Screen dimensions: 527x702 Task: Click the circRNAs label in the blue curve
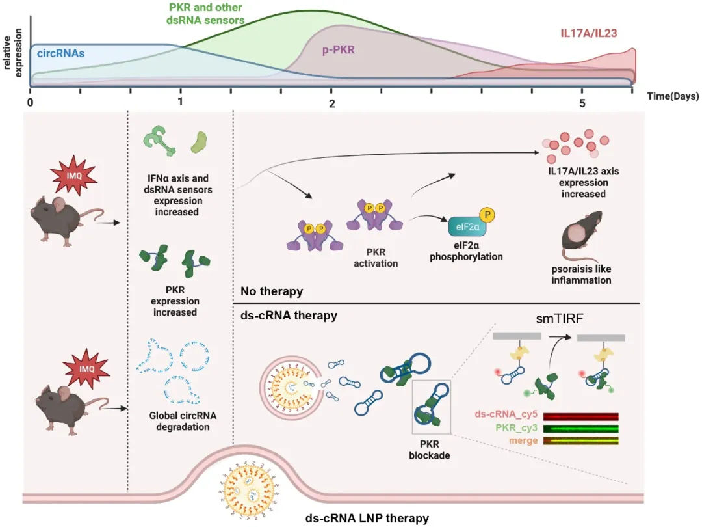(61, 53)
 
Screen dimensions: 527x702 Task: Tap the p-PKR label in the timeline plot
(339, 50)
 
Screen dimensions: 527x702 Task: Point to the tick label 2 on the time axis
(331, 103)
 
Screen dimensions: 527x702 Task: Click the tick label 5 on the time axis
(582, 103)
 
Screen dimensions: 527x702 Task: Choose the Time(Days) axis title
(673, 96)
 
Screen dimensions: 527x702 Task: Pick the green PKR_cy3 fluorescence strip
(580, 429)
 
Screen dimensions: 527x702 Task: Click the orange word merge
(524, 440)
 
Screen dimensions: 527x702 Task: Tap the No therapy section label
(272, 291)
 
